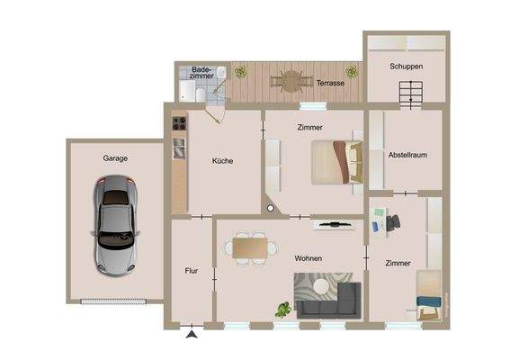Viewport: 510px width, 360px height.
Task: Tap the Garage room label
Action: [x=114, y=158]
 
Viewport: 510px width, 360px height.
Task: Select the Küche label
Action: [x=222, y=161]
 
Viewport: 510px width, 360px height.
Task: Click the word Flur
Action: [x=191, y=270]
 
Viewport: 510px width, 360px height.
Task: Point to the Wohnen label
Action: [x=308, y=258]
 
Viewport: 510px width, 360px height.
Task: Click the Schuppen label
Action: [x=406, y=67]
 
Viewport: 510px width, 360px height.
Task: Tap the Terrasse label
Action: [x=329, y=84]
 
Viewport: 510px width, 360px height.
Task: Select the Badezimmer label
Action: [x=201, y=72]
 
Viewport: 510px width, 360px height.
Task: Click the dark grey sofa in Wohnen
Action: [x=328, y=301]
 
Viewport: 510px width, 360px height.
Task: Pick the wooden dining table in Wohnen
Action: [x=251, y=247]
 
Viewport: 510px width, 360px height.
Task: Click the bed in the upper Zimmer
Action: [x=335, y=161]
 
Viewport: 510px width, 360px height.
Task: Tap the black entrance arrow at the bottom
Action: [x=192, y=335]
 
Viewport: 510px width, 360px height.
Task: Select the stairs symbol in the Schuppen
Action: [x=410, y=92]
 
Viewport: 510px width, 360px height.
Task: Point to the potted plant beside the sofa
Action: [x=282, y=310]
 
